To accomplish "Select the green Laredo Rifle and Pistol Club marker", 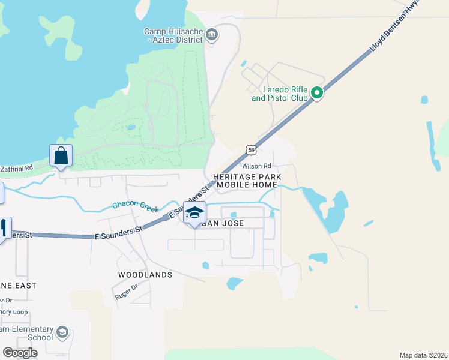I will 316,93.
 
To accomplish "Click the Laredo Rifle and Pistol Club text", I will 280,94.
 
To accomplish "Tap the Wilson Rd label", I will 256,166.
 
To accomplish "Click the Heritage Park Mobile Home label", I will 247,181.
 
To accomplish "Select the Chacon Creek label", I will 136,206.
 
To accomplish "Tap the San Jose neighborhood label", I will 222,223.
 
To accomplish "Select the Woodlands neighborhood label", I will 146,275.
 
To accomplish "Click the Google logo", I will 20,352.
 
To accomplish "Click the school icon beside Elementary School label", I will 62,332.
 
